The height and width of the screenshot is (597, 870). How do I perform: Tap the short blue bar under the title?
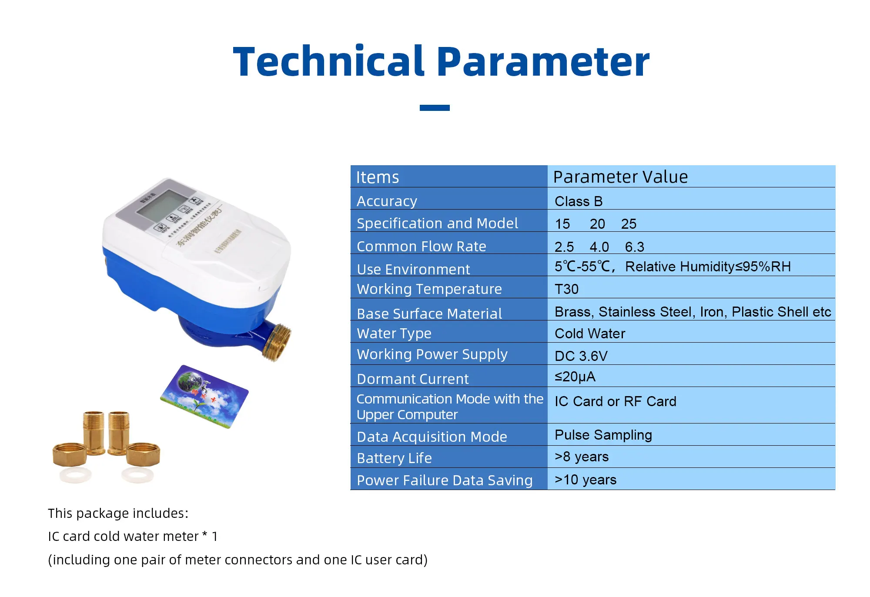pyautogui.click(x=434, y=107)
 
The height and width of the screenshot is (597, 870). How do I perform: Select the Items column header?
pyautogui.click(x=377, y=177)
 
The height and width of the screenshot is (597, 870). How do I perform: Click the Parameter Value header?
pyautogui.click(x=620, y=177)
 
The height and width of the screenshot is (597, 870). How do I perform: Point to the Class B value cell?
pyautogui.click(x=578, y=201)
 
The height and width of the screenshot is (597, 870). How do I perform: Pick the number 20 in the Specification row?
pyautogui.click(x=597, y=224)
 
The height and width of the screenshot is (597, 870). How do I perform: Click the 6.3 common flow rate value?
pyautogui.click(x=634, y=247)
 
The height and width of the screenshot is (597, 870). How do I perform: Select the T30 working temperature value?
pyautogui.click(x=566, y=289)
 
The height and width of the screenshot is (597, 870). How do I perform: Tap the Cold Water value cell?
pyautogui.click(x=589, y=334)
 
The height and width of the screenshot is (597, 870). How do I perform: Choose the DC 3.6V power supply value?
pyautogui.click(x=581, y=356)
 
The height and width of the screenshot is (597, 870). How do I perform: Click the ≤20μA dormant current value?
pyautogui.click(x=575, y=377)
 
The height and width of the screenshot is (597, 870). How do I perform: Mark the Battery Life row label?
pyautogui.click(x=394, y=458)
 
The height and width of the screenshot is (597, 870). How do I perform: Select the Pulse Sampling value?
pyautogui.click(x=603, y=435)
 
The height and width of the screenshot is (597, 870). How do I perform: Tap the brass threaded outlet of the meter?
pyautogui.click(x=278, y=343)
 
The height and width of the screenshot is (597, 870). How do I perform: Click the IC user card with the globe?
pyautogui.click(x=204, y=397)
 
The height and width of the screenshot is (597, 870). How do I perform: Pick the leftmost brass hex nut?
pyautogui.click(x=70, y=454)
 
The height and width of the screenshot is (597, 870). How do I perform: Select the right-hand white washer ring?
pyautogui.click(x=137, y=475)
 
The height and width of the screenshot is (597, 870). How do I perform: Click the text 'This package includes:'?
pyautogui.click(x=118, y=513)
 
